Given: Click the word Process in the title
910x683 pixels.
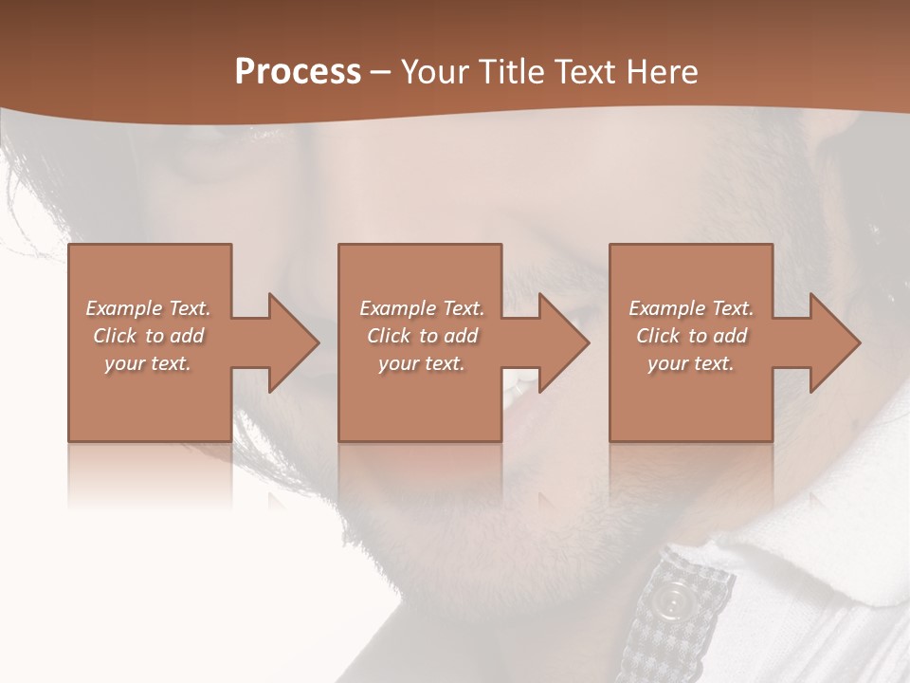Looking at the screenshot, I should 298,72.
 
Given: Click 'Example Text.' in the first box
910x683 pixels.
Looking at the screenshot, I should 148,308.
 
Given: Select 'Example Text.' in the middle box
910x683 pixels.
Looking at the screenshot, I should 422,308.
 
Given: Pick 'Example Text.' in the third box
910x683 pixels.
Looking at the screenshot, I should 691,308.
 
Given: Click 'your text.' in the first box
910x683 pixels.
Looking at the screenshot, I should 148,363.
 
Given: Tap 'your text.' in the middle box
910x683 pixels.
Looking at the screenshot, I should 422,363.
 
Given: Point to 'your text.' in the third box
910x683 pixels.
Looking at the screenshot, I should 691,363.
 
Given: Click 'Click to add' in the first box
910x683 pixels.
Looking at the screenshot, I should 148,336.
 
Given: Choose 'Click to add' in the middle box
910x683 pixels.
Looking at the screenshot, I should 422,336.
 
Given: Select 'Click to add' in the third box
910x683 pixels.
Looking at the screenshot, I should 691,336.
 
